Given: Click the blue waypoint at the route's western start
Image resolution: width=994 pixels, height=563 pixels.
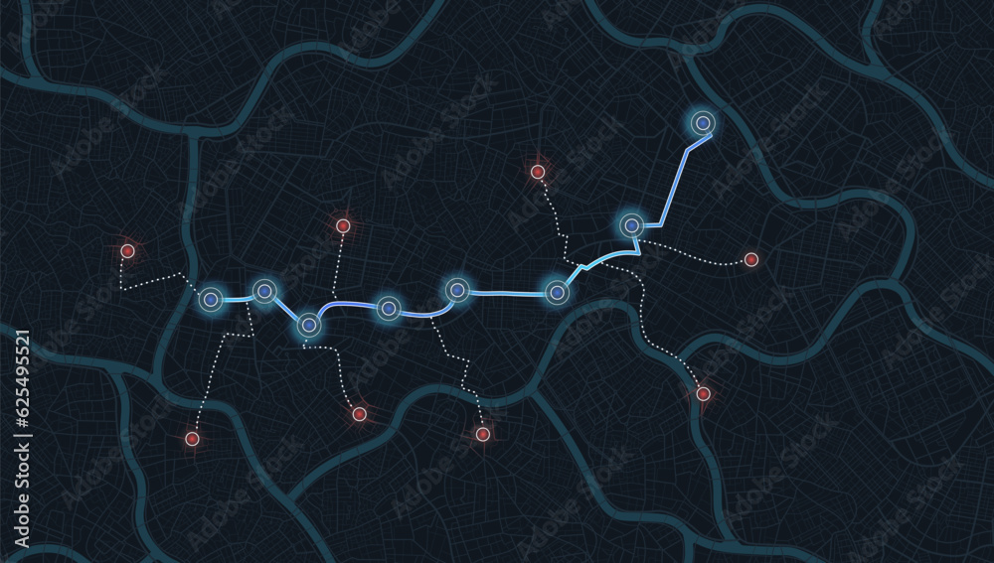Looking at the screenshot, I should (x=211, y=299).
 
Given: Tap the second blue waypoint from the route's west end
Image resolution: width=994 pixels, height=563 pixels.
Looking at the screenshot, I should (x=263, y=291).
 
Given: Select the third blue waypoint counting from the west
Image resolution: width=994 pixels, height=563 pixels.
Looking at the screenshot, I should (x=308, y=325).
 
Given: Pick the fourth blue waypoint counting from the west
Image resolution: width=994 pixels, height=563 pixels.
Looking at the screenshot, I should (x=389, y=309).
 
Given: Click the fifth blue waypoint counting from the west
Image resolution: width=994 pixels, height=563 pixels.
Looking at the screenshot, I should (x=456, y=290).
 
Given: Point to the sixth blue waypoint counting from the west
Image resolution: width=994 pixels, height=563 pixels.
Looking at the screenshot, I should (x=557, y=292).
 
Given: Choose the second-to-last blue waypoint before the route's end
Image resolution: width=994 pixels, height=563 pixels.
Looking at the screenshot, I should (x=631, y=225).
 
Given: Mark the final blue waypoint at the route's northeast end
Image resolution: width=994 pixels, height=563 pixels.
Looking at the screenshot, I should (x=703, y=122).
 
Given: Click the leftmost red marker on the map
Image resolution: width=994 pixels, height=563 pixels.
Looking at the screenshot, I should (x=127, y=251).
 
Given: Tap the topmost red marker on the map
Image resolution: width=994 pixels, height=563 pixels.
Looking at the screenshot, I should (x=538, y=172).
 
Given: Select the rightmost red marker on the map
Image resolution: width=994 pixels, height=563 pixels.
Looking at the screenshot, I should (x=751, y=259).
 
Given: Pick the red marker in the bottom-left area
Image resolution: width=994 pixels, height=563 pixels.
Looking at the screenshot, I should (x=192, y=438).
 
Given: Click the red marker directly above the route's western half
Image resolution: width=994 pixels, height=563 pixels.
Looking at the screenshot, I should (x=343, y=225).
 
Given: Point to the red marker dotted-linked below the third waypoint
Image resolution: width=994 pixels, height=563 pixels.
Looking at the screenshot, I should (x=359, y=414).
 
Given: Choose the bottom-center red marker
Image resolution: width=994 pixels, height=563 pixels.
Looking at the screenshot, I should (x=483, y=434).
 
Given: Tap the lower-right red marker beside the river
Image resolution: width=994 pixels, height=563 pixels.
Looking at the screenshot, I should (x=703, y=394).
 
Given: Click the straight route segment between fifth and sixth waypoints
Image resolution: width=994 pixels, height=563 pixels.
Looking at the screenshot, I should (x=507, y=293).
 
